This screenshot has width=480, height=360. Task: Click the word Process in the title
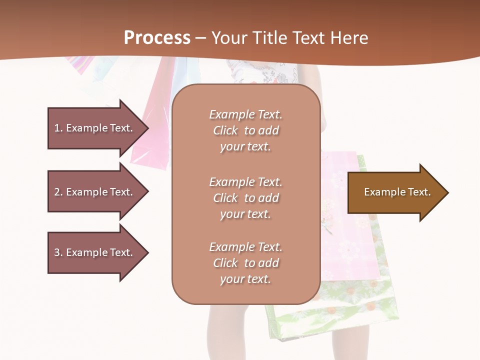(x=157, y=37)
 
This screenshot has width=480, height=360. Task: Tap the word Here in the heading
(x=350, y=37)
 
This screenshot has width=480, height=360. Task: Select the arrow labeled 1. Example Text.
(x=95, y=128)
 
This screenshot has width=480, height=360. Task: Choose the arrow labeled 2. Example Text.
(x=95, y=192)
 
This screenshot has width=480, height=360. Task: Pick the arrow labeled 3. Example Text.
(x=95, y=252)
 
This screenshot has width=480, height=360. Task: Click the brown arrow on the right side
(x=395, y=192)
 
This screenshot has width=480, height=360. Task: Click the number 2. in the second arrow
(x=58, y=192)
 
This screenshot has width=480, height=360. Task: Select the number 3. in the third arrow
(x=58, y=252)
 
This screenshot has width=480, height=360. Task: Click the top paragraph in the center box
(x=246, y=130)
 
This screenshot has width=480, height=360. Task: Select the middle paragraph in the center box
(x=246, y=198)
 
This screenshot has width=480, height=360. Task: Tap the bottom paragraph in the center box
(x=246, y=263)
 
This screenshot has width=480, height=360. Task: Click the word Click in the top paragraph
(x=225, y=130)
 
